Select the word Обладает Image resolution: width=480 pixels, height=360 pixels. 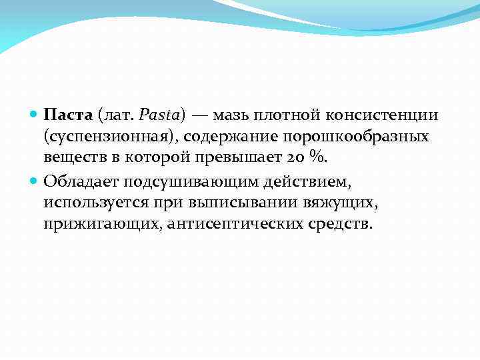pos(74,180)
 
